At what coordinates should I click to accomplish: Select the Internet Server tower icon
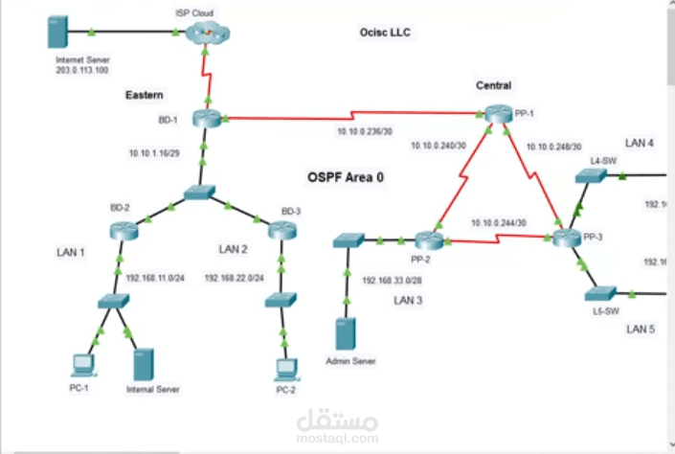[56, 34]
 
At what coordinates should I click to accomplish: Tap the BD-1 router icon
[206, 118]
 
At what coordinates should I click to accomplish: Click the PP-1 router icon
[499, 114]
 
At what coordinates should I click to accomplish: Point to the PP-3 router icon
[567, 238]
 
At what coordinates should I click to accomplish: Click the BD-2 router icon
[123, 229]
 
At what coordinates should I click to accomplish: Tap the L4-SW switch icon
[588, 176]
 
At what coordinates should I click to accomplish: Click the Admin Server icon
[346, 335]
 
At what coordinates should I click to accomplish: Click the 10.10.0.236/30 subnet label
[363, 131]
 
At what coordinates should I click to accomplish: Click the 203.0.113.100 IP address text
[81, 70]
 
